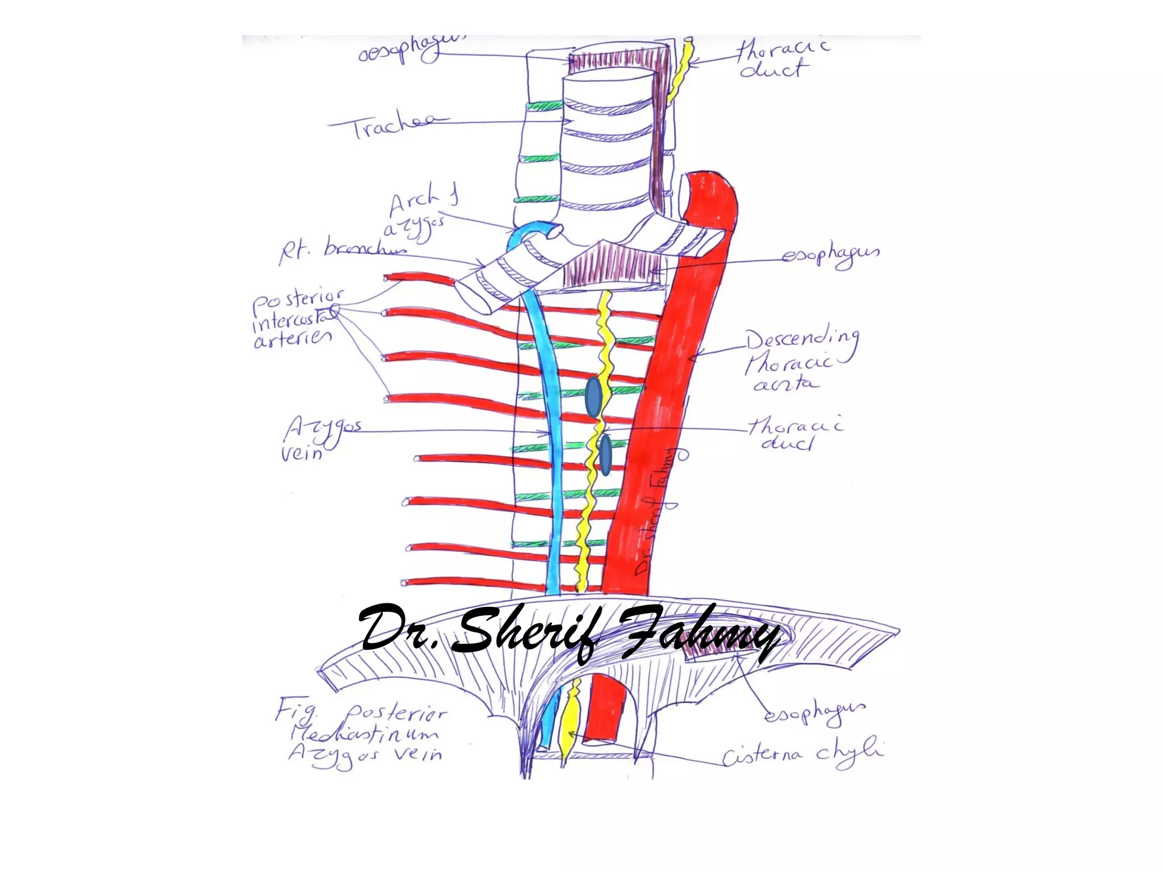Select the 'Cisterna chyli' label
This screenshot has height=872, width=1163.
802,754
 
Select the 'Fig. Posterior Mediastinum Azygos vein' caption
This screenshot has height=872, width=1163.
363,735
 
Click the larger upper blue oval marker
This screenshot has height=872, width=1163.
593,397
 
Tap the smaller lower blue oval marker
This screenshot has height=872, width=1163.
605,455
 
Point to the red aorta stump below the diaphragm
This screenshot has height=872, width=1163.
604,710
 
